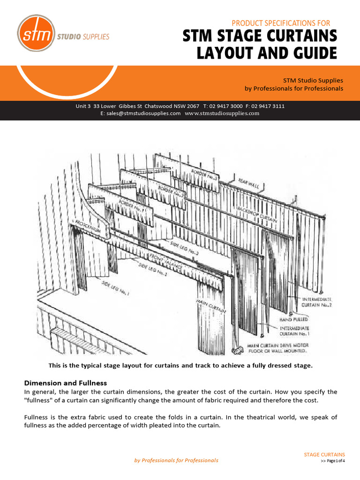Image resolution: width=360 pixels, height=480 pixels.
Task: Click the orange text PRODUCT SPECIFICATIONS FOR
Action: pyautogui.click(x=281, y=23)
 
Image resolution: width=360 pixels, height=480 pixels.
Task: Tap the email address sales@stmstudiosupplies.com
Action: pyautogui.click(x=141, y=113)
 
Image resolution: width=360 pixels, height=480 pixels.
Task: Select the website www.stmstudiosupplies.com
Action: pyautogui.click(x=222, y=113)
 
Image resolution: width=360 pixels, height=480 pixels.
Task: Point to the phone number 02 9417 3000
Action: pyautogui.click(x=224, y=106)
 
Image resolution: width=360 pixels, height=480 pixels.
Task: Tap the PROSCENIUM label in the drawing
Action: pyautogui.click(x=88, y=224)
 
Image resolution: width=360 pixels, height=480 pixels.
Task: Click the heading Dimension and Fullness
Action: pyautogui.click(x=72, y=383)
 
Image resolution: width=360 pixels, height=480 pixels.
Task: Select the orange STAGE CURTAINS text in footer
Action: pyautogui.click(x=324, y=455)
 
